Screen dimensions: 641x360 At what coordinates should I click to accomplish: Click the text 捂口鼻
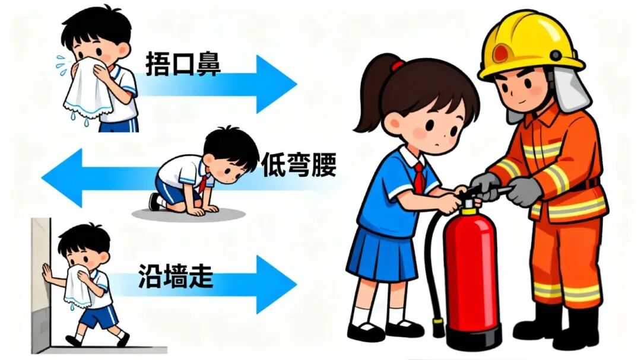(x=183, y=65)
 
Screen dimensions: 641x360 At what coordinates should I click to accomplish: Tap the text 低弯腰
(x=299, y=165)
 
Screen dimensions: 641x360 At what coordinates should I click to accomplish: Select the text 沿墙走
(x=176, y=276)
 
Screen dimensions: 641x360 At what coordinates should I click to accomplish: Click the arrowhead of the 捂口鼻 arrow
(x=276, y=84)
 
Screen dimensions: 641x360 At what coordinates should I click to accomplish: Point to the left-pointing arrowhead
(x=62, y=178)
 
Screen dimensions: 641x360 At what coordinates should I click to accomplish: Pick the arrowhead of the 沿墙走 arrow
(x=276, y=285)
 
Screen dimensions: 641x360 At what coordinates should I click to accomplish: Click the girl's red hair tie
(x=397, y=65)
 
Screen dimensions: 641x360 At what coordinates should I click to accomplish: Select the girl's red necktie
(x=418, y=178)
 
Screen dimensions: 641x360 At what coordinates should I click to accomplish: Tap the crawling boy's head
(x=230, y=153)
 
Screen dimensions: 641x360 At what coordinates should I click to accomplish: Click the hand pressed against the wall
(x=46, y=273)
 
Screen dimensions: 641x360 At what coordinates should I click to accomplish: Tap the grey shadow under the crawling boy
(x=189, y=214)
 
